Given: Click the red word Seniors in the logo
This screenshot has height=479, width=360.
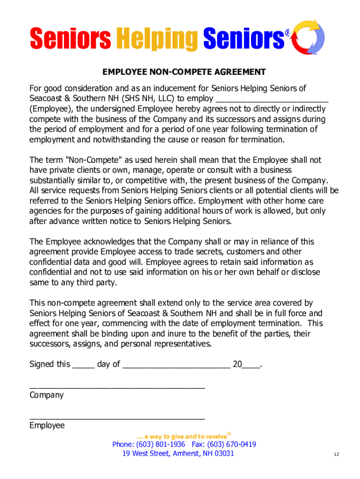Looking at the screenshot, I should (x=70, y=38).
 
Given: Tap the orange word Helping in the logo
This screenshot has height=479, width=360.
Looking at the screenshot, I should (x=157, y=38).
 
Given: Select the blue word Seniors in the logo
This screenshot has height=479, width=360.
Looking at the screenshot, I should (x=244, y=38).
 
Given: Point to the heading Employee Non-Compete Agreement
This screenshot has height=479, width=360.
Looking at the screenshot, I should (x=184, y=72).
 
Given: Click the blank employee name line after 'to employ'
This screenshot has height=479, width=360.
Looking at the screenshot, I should (x=272, y=99).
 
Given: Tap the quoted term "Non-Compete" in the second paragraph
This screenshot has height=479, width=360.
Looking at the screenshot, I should (x=88, y=160).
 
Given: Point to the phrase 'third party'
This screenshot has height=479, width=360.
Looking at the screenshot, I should (x=96, y=283).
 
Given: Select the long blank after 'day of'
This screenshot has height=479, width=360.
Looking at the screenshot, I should (x=176, y=364).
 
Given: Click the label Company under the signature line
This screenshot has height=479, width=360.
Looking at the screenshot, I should (x=46, y=395).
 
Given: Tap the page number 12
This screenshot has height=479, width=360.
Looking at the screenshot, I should (x=336, y=455).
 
